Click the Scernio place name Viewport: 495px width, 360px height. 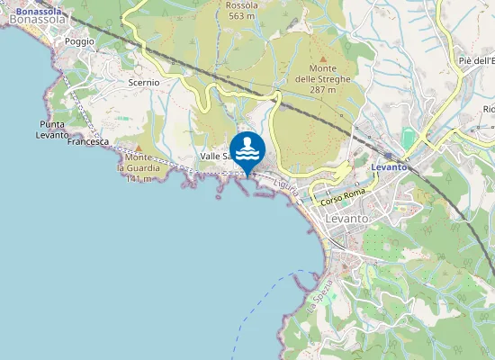144,82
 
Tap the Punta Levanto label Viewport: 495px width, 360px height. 54,130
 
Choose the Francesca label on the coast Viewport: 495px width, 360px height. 88,142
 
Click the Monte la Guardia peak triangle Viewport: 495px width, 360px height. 138,148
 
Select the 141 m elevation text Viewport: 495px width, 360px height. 137,178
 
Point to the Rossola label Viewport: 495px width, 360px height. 241,4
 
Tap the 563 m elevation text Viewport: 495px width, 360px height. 241,16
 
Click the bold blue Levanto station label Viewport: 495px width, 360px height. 390,166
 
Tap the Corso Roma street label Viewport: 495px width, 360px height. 343,197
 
